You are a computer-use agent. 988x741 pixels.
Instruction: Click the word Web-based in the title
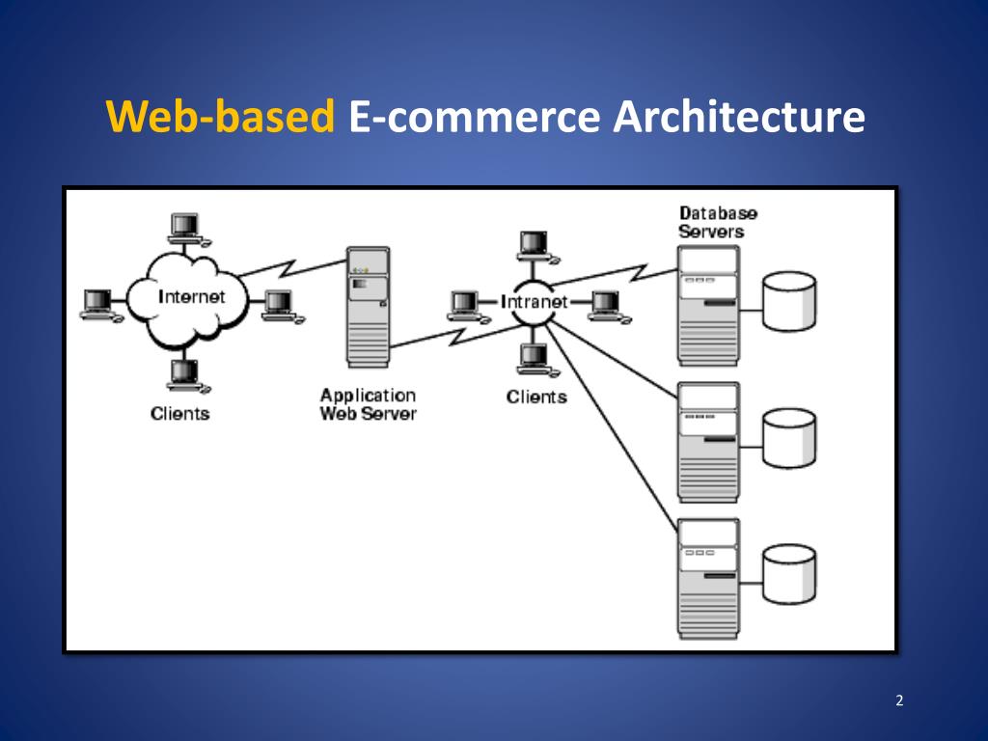pyautogui.click(x=220, y=119)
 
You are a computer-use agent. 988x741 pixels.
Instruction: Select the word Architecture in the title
pyautogui.click(x=738, y=119)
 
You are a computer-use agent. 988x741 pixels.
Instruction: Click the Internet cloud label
pyautogui.click(x=191, y=296)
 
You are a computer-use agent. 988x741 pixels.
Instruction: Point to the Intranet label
pyautogui.click(x=534, y=302)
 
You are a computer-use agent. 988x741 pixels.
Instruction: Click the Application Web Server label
pyautogui.click(x=368, y=404)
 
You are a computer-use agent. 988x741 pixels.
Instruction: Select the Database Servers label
pyautogui.click(x=718, y=222)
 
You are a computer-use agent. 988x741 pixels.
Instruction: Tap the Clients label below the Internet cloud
pyautogui.click(x=179, y=414)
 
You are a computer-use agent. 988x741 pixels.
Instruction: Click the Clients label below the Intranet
pyautogui.click(x=536, y=397)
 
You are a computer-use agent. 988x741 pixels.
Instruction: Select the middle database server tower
pyautogui.click(x=708, y=441)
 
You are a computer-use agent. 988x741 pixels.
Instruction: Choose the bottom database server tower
pyautogui.click(x=708, y=578)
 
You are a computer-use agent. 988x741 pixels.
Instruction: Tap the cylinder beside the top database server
pyautogui.click(x=788, y=301)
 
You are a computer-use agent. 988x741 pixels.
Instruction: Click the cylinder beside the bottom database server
pyautogui.click(x=788, y=573)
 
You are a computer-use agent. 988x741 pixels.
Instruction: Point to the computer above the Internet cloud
pyautogui.click(x=182, y=229)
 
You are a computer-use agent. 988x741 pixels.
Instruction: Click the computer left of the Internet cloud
pyautogui.click(x=97, y=304)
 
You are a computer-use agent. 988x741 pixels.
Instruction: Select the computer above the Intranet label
pyautogui.click(x=535, y=246)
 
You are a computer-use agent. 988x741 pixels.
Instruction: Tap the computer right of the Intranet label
pyautogui.click(x=607, y=305)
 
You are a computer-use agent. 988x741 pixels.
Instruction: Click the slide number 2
pyautogui.click(x=899, y=700)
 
